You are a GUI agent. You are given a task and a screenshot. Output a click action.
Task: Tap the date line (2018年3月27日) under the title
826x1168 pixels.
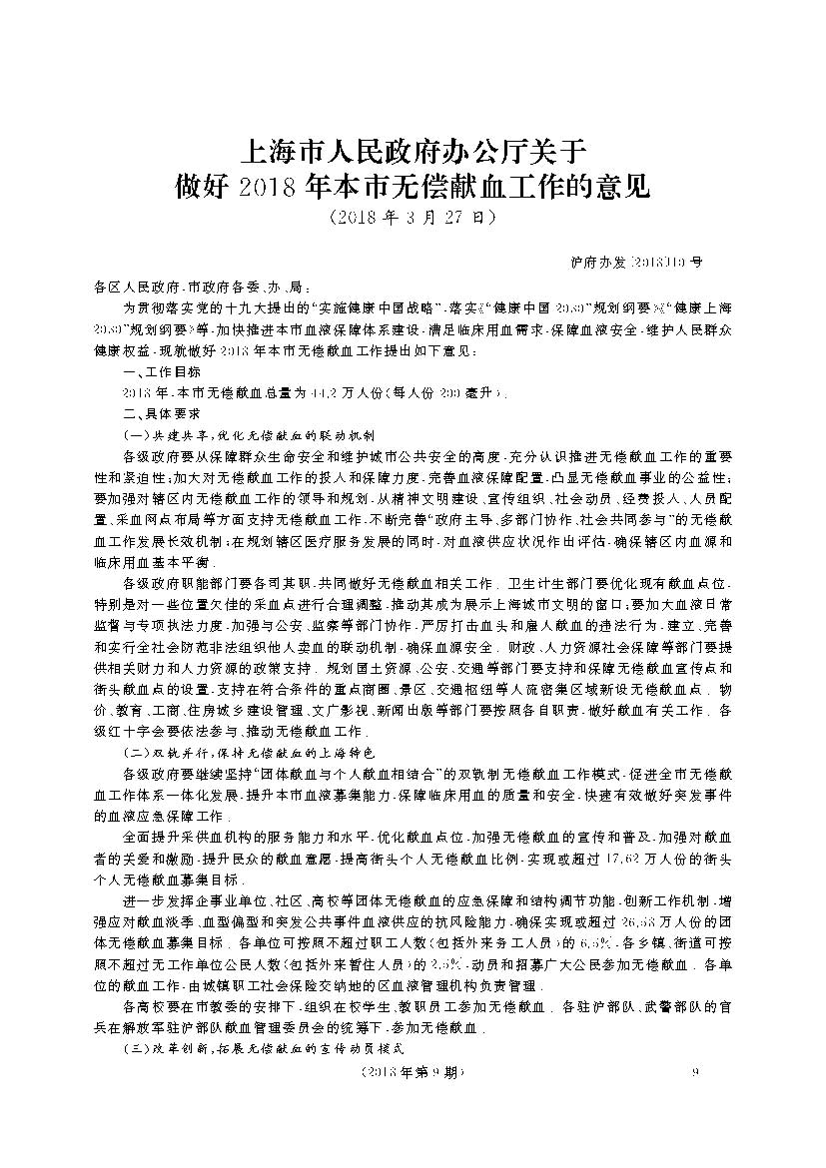[412, 216]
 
